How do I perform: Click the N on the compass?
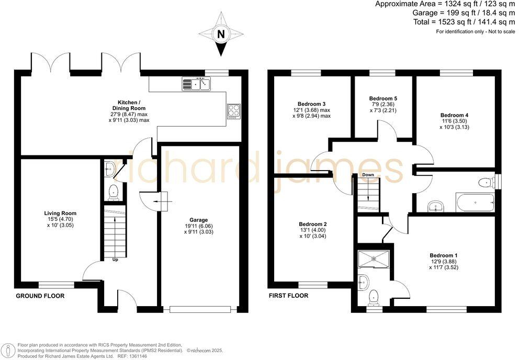[221, 35]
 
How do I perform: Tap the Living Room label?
[61, 213]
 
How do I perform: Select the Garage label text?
[199, 220]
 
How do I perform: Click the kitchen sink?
[196, 83]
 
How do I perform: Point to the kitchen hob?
[233, 111]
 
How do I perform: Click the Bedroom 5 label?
[383, 98]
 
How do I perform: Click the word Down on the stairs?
[368, 175]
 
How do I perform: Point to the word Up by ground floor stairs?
[115, 259]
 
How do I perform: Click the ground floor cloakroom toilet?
[113, 193]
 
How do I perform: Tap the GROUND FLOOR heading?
[40, 296]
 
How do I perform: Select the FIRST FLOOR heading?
[288, 296]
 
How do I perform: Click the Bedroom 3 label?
[313, 103]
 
